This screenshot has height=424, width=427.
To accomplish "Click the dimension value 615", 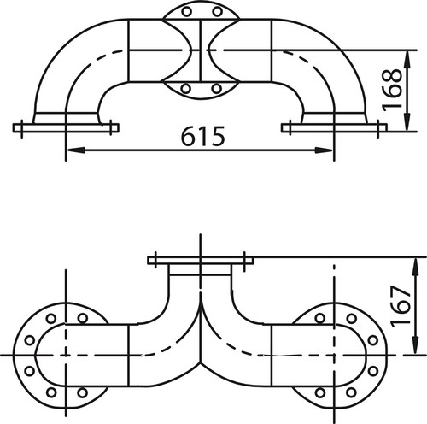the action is (x=203, y=136).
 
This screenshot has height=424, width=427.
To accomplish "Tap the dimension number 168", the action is (x=392, y=90).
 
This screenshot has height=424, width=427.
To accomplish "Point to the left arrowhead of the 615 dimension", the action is (x=76, y=150).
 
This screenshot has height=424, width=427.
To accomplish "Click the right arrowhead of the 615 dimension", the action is (x=324, y=150).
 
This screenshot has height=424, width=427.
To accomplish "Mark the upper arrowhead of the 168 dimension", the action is (x=407, y=60).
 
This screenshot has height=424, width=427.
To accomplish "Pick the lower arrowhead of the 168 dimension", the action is (x=407, y=121).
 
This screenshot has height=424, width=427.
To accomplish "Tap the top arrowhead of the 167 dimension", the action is (x=416, y=267).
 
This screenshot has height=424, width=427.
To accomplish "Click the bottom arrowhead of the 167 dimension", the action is (x=416, y=345).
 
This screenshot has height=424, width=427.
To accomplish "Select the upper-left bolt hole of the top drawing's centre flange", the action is (x=186, y=12).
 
